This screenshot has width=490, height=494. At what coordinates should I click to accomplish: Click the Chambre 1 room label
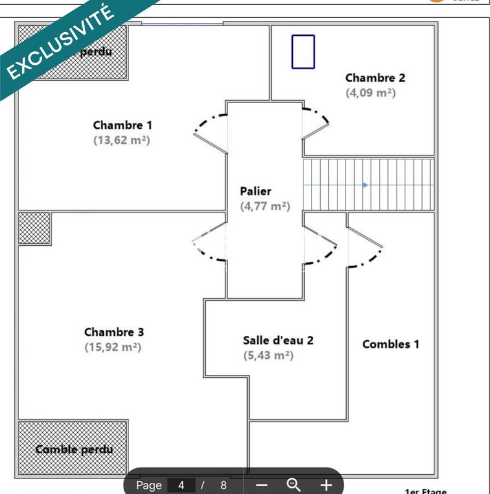pyautogui.click(x=122, y=125)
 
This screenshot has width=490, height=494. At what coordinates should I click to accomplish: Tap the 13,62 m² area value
pyautogui.click(x=122, y=140)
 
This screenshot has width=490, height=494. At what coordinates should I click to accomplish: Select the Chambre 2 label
pyautogui.click(x=375, y=78)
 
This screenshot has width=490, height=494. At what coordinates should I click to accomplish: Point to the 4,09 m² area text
pyautogui.click(x=370, y=93)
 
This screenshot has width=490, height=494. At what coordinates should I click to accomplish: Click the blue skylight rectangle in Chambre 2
pyautogui.click(x=303, y=51)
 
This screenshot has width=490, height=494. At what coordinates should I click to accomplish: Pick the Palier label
pyautogui.click(x=256, y=191)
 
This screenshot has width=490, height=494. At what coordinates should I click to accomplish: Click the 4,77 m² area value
pyautogui.click(x=264, y=206)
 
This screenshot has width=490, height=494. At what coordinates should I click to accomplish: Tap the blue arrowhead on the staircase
pyautogui.click(x=366, y=185)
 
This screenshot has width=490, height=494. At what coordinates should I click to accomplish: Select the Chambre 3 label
pyautogui.click(x=114, y=332)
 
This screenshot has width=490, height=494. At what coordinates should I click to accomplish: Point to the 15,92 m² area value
pyautogui.click(x=113, y=347)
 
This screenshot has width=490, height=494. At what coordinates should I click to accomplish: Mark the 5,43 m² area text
pyautogui.click(x=268, y=355)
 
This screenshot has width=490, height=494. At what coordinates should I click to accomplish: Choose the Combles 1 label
pyautogui.click(x=391, y=345)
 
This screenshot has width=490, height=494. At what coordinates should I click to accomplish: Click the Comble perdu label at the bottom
pyautogui.click(x=74, y=449)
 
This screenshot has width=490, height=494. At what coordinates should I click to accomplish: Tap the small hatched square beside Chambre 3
pyautogui.click(x=34, y=228)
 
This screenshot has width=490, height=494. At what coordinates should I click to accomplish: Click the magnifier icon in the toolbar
pyautogui.click(x=294, y=485)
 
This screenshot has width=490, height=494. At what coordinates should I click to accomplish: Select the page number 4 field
pyautogui.click(x=182, y=485)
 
